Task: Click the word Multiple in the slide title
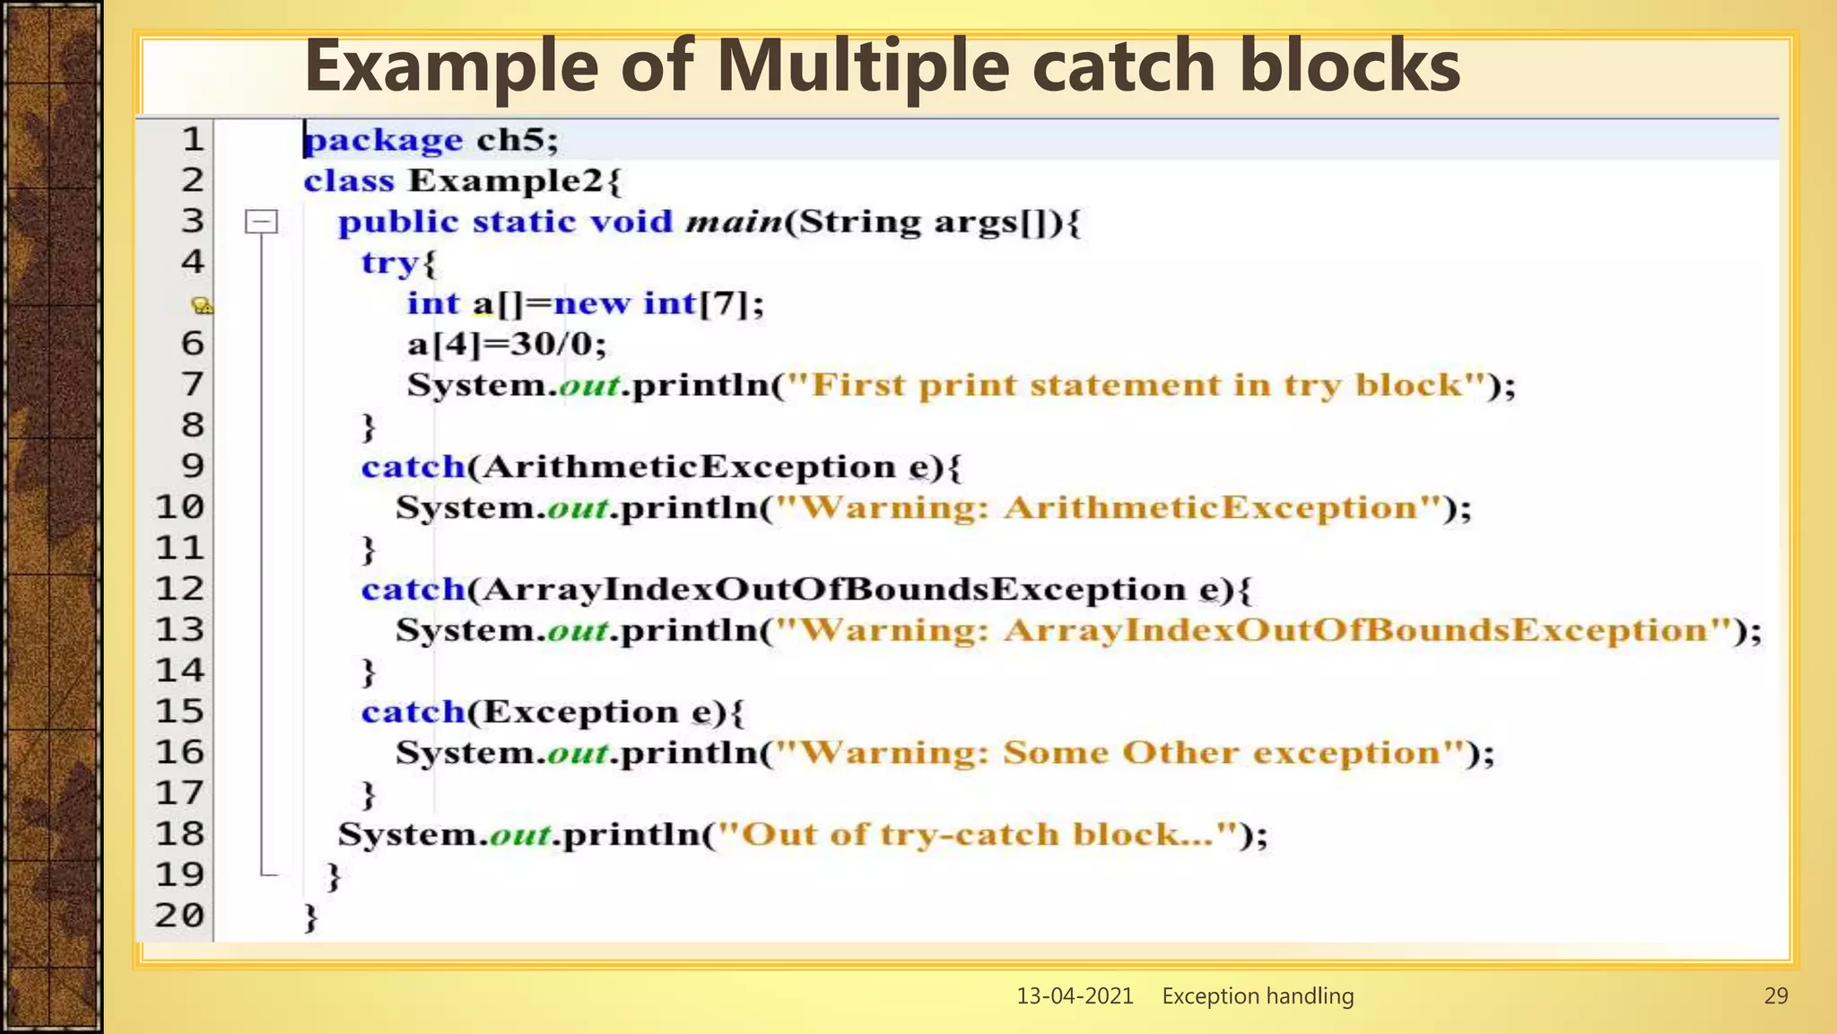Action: [863, 66]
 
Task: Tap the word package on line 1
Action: [384, 140]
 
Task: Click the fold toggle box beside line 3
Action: [261, 222]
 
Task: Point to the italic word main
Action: [734, 222]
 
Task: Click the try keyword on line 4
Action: [390, 263]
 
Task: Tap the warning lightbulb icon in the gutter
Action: [203, 306]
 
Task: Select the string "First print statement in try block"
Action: [1149, 385]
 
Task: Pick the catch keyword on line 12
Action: [413, 590]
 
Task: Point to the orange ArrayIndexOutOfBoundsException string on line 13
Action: [1356, 630]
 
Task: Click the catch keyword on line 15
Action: [413, 712]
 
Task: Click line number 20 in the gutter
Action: [179, 916]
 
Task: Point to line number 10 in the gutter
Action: [179, 507]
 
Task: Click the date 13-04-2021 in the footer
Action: [1075, 995]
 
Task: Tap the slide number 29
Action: [1776, 995]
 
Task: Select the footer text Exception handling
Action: [1258, 995]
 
